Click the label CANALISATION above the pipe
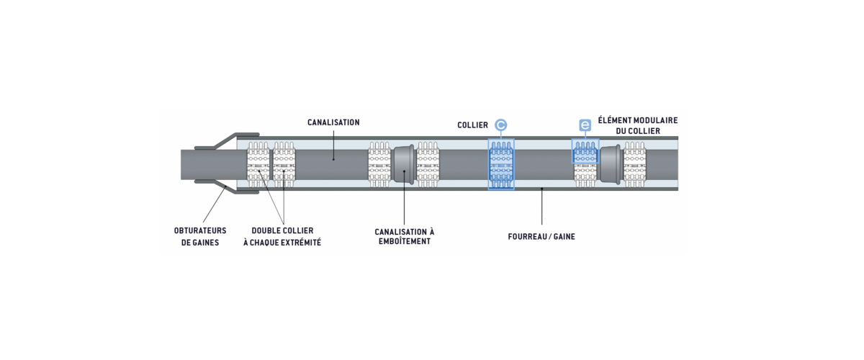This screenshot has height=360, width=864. click(333, 122)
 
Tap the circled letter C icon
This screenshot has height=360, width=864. click(501, 125)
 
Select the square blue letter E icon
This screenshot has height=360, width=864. click(585, 125)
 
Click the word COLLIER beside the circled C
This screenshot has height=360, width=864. click(472, 125)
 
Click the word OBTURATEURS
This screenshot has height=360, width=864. click(200, 231)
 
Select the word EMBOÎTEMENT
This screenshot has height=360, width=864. click(404, 242)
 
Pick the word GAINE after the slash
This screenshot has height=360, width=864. click(564, 235)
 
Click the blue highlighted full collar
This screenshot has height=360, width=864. click(501, 164)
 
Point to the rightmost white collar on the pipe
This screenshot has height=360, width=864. click(635, 164)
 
